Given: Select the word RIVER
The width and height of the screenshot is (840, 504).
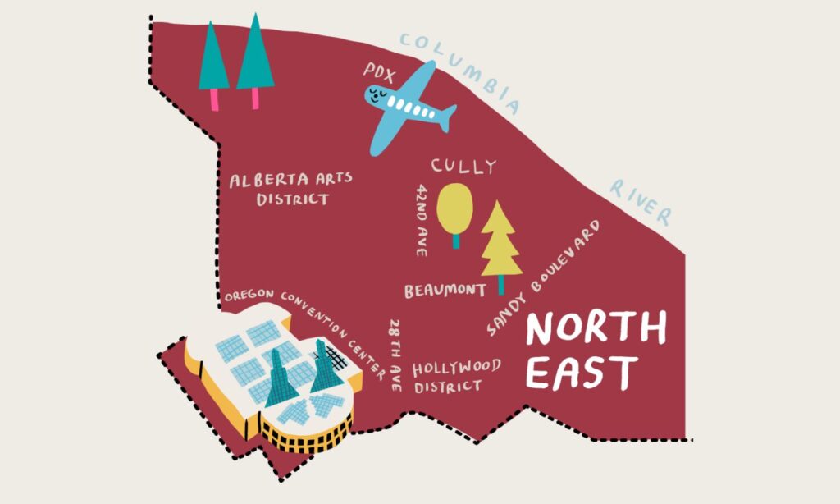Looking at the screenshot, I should (x=641, y=200).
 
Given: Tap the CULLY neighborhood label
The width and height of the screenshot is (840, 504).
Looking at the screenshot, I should (x=463, y=167).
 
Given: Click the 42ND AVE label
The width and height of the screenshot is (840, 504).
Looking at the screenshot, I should (x=422, y=220).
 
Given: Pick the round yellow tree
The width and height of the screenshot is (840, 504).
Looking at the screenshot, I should (x=454, y=208).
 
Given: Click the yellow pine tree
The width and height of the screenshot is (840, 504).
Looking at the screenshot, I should (x=500, y=242).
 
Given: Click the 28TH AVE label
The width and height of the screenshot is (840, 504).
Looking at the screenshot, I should (x=395, y=355).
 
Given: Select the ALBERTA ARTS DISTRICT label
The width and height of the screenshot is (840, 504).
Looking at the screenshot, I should (x=280, y=189).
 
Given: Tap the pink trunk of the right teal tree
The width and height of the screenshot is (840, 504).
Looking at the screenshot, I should (x=255, y=99).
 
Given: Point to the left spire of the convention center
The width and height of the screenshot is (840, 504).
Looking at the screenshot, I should (x=276, y=378).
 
